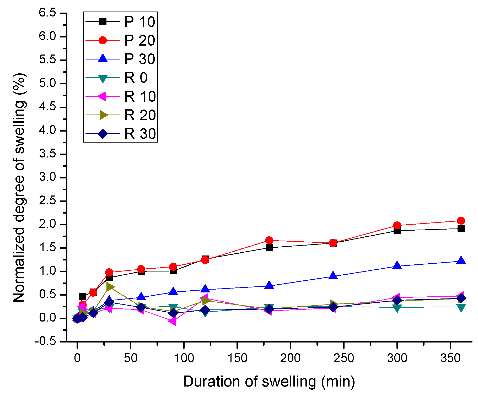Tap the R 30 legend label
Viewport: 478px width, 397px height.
click(140, 134)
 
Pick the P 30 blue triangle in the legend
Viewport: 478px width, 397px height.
click(103, 59)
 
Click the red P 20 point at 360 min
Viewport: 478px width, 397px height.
click(461, 220)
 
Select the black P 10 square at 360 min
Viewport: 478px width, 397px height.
click(461, 229)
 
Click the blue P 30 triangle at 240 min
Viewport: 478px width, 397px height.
click(333, 276)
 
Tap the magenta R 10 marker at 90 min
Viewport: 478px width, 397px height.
click(172, 321)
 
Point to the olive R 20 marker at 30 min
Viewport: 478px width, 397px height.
click(110, 287)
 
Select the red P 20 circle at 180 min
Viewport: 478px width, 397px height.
click(269, 240)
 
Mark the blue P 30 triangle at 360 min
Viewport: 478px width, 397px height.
click(461, 261)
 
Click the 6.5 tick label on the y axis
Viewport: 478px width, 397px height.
click(47, 13)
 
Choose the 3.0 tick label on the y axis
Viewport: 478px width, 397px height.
click(47, 177)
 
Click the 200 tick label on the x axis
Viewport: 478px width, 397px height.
click(290, 358)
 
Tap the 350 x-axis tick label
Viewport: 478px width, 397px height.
click(450, 358)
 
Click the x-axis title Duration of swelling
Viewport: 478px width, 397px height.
click(269, 382)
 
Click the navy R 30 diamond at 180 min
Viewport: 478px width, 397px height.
click(269, 309)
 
